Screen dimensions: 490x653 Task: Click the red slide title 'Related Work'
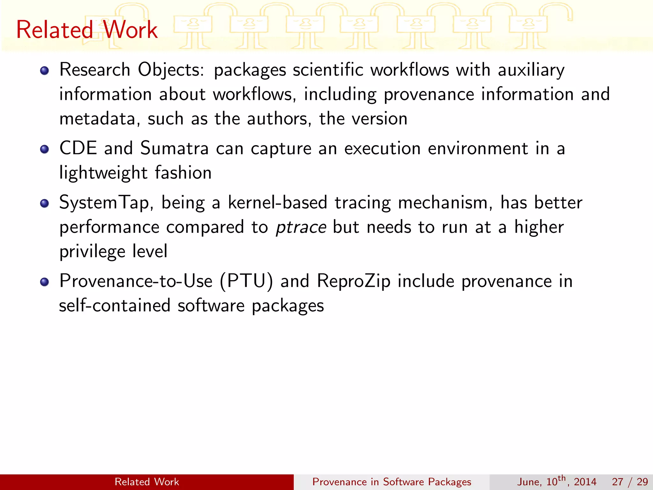87,30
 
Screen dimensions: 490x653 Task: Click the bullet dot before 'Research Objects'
45,71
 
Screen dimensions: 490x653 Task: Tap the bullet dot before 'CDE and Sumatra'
45,149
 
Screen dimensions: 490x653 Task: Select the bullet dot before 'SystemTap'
45,203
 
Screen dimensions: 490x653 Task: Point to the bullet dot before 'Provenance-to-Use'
45,282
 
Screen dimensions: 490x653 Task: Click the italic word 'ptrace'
301,227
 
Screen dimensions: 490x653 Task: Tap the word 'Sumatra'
174,149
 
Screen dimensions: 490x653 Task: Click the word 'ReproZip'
354,281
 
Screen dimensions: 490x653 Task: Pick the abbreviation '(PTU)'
246,281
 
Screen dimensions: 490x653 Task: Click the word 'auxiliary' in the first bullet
531,70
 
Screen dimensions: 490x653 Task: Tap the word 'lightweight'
103,173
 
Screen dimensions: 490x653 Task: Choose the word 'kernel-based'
278,203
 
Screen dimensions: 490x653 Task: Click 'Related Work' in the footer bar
147,482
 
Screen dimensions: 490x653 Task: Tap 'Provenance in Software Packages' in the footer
392,482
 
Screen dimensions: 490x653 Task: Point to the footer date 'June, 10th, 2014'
556,481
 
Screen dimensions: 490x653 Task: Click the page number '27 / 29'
630,482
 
